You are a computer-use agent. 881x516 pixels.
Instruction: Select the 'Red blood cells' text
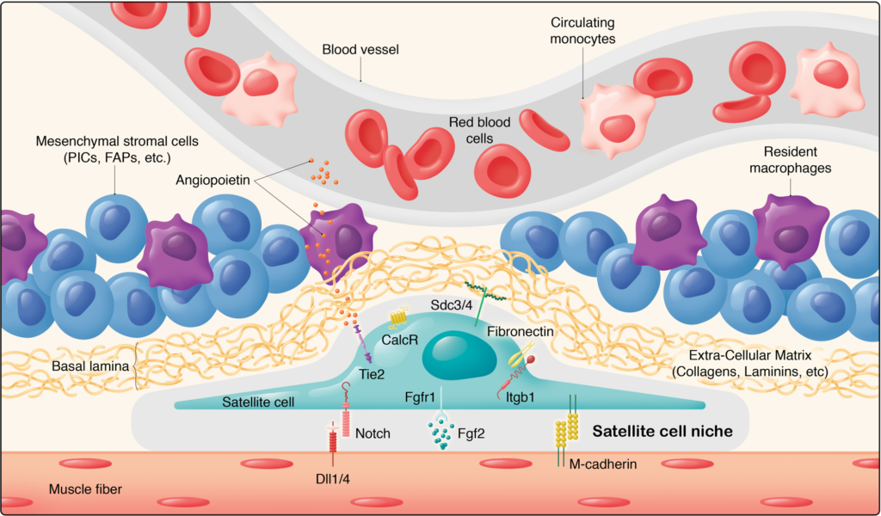(x=479, y=130)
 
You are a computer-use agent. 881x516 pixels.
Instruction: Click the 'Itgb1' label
(x=513, y=398)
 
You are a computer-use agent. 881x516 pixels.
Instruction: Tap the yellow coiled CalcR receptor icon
(x=397, y=319)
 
